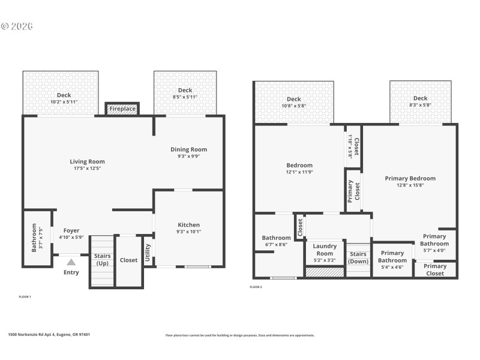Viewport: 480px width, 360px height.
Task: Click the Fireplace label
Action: coord(122,109)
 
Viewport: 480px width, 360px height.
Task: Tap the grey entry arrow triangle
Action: coord(71,262)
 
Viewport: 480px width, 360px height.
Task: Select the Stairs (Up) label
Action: coord(102,260)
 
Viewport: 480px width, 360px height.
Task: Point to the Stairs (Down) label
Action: coord(358,257)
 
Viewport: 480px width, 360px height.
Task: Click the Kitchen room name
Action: coord(188,225)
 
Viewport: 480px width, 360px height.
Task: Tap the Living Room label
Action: coord(88,161)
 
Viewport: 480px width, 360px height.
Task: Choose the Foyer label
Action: coord(71,230)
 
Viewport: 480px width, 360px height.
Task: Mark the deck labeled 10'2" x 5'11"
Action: coord(64,98)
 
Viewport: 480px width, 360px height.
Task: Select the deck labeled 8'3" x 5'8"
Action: coord(420,101)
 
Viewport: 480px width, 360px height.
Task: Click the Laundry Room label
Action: coord(325,250)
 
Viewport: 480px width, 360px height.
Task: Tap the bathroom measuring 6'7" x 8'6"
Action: coord(276,241)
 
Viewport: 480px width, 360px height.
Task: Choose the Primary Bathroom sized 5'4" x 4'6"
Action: coord(392,256)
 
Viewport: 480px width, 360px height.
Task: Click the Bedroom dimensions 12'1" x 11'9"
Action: coord(299,172)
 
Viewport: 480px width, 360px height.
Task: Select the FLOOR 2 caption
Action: coord(256,287)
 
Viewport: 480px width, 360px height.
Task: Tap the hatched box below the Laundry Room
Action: coord(325,272)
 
